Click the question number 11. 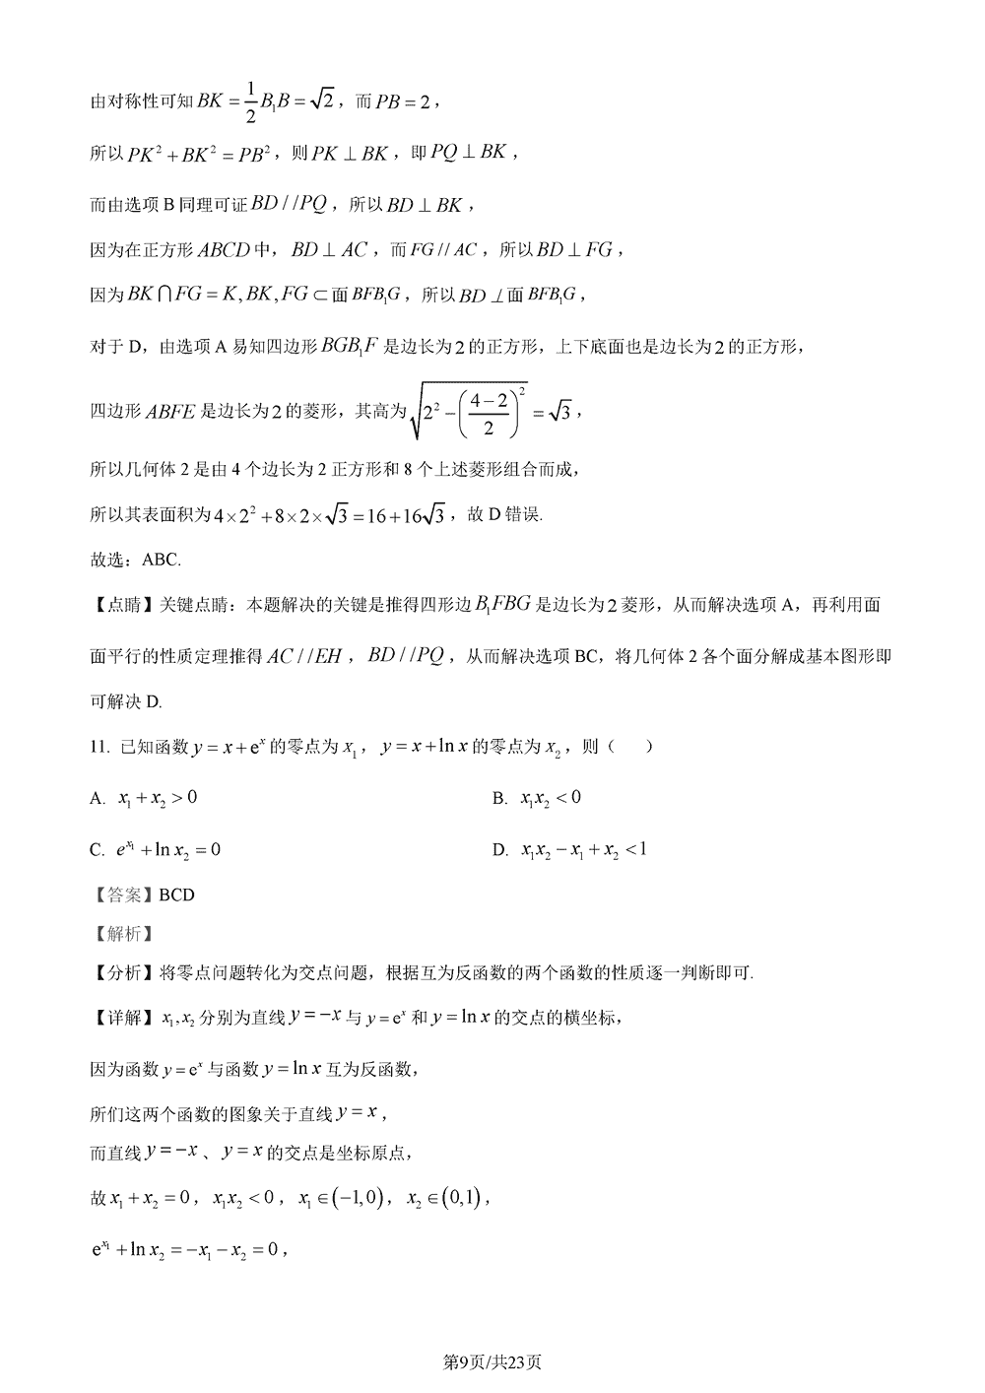pyautogui.click(x=98, y=748)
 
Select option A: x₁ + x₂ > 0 pyautogui.click(x=157, y=798)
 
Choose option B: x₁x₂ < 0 pyautogui.click(x=550, y=798)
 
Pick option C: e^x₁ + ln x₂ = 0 pyautogui.click(x=167, y=849)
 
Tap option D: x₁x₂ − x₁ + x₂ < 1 pyautogui.click(x=583, y=849)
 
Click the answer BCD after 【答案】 pyautogui.click(x=176, y=895)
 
